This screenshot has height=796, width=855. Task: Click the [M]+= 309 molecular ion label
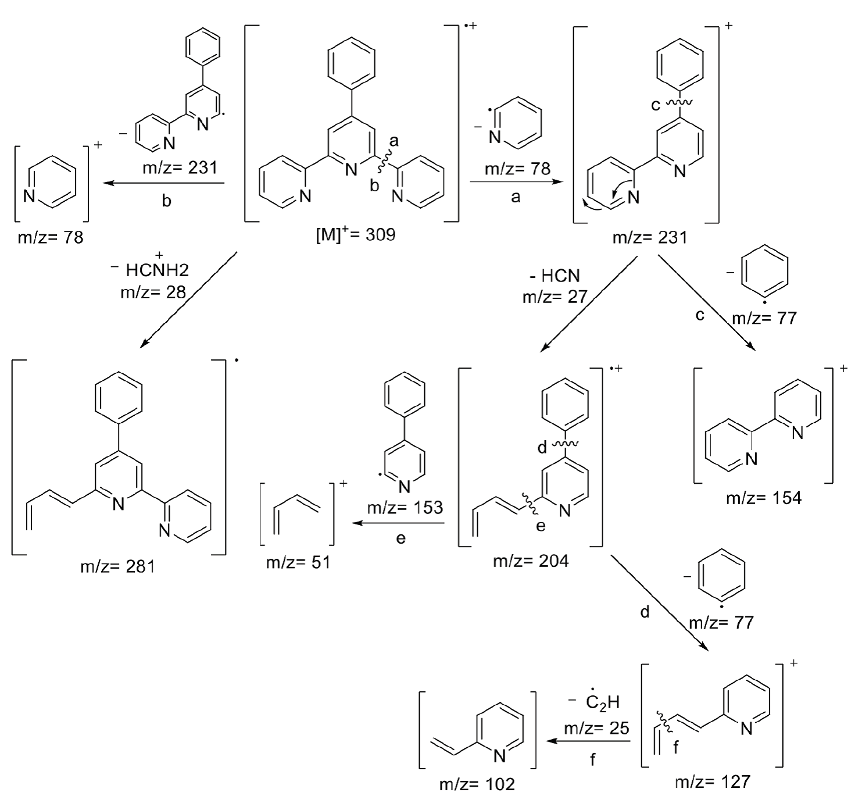pyautogui.click(x=355, y=235)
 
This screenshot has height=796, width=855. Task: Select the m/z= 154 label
pyautogui.click(x=764, y=498)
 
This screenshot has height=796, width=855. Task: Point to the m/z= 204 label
pyautogui.click(x=531, y=561)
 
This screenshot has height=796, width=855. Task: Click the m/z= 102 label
pyautogui.click(x=477, y=784)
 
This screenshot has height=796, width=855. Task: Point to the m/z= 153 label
pyautogui.click(x=405, y=507)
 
